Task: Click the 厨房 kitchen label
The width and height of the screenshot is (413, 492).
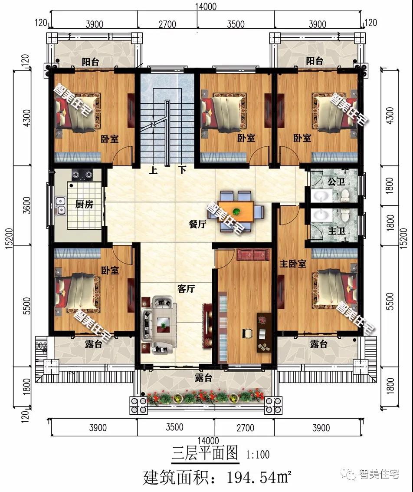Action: tap(84, 204)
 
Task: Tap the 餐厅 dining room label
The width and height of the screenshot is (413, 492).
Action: tap(198, 224)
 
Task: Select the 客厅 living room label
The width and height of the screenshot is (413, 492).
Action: tap(186, 288)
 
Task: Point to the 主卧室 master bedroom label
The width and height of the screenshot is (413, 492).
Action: tap(293, 263)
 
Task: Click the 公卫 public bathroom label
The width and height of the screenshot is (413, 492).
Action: tap(336, 182)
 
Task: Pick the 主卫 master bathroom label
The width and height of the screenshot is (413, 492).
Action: tap(337, 231)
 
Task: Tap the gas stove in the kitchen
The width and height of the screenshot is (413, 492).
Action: tap(82, 175)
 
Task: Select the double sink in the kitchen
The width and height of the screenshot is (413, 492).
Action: tap(61, 206)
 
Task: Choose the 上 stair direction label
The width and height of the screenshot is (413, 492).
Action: tap(153, 170)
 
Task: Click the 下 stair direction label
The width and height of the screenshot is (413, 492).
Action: tap(182, 170)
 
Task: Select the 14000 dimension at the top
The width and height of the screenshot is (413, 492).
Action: tap(206, 6)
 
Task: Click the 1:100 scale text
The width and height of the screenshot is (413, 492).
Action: tap(258, 454)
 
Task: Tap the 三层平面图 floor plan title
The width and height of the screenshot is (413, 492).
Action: tap(205, 453)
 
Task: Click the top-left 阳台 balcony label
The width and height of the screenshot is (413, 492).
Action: tap(91, 62)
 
